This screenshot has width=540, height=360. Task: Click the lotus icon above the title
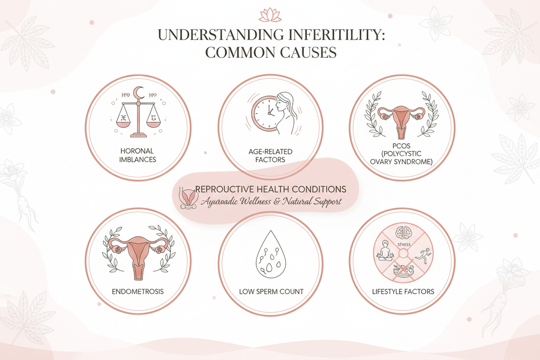click(x=270, y=14)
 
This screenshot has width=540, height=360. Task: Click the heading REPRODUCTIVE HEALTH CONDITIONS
click(x=270, y=189)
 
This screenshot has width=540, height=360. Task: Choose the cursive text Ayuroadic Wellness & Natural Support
click(x=270, y=201)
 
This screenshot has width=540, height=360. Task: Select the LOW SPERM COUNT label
click(x=270, y=291)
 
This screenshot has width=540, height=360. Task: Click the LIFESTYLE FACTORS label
click(x=403, y=291)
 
